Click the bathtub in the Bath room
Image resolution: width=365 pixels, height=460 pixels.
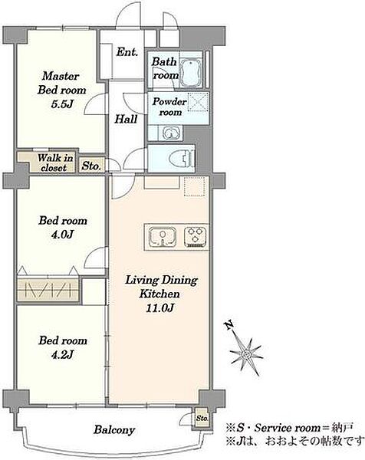(x=190, y=71)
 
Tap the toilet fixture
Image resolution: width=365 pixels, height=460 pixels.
(x=182, y=159)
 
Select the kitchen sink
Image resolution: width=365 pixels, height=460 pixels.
(x=163, y=236)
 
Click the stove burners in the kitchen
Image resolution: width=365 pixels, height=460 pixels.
(x=196, y=236)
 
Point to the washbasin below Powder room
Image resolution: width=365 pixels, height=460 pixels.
(x=169, y=133)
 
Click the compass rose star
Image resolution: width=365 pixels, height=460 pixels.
(x=246, y=354)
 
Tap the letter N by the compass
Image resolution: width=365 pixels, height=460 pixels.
(x=229, y=326)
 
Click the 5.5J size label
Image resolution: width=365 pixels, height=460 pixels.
(x=61, y=104)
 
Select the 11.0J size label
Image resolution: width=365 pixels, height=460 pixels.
(x=160, y=307)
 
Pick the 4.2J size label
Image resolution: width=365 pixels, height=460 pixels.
(x=62, y=355)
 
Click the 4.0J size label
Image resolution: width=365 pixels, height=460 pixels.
(x=62, y=234)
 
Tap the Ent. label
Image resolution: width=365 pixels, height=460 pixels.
(x=127, y=52)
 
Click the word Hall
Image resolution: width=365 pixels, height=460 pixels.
(x=126, y=119)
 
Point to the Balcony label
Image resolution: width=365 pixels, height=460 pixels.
(x=114, y=430)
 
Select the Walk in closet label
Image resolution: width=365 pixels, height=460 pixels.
(x=54, y=163)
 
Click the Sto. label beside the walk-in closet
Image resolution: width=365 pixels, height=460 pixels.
(x=91, y=166)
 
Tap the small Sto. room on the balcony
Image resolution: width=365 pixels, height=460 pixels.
(x=202, y=417)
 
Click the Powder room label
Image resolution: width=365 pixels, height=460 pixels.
(x=169, y=107)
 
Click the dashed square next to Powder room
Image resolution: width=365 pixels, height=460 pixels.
(x=198, y=102)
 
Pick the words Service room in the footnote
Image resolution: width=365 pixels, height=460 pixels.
(x=287, y=428)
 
